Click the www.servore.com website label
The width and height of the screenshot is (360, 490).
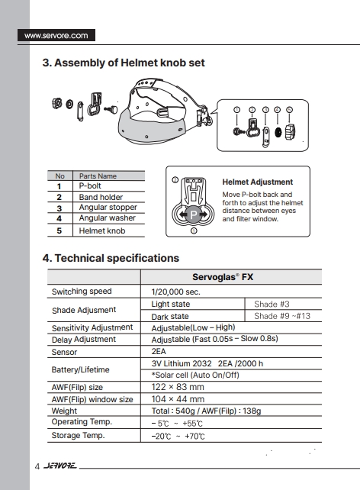pyautogui.click(x=56, y=35)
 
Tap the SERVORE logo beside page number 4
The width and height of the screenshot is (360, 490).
pyautogui.click(x=60, y=466)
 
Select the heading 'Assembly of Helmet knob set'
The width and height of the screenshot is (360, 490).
pyautogui.click(x=130, y=63)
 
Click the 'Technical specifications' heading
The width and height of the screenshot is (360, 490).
pyautogui.click(x=117, y=258)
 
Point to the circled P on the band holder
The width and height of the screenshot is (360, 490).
pyautogui.click(x=193, y=214)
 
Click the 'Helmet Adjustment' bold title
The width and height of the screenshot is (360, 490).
pyautogui.click(x=258, y=182)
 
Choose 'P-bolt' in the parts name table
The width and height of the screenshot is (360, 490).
pyautogui.click(x=90, y=185)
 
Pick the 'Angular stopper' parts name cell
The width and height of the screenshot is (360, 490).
pyautogui.click(x=108, y=207)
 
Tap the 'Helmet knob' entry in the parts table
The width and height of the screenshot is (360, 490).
pyautogui.click(x=102, y=230)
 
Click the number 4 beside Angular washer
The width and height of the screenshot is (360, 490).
pyautogui.click(x=59, y=218)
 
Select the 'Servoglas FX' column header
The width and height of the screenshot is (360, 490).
pyautogui.click(x=223, y=277)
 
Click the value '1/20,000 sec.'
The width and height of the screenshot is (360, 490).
pyautogui.click(x=175, y=292)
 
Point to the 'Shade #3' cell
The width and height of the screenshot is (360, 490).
pyautogui.click(x=272, y=304)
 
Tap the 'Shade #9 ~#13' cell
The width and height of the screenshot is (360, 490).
pyautogui.click(x=282, y=316)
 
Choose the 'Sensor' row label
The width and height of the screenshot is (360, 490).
pyautogui.click(x=64, y=352)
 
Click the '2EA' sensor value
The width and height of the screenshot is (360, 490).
pyautogui.click(x=159, y=351)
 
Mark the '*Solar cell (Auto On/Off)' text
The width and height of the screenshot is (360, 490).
pyautogui.click(x=195, y=375)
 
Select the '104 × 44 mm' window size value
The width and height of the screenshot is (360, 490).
pyautogui.click(x=178, y=399)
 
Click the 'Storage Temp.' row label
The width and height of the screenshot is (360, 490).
pyautogui.click(x=78, y=435)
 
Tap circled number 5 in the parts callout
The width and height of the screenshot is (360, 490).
pyautogui.click(x=289, y=110)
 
